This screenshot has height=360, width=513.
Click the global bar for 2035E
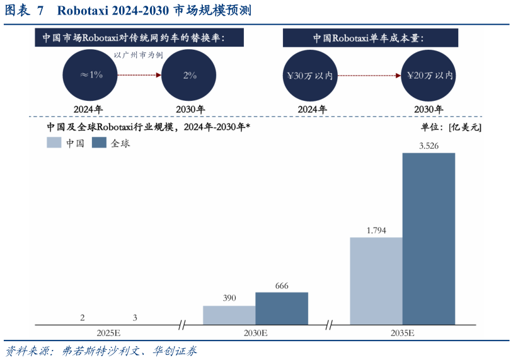coord(429,238)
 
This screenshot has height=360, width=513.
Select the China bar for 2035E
coord(376,281)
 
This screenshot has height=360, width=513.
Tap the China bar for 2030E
coord(229,315)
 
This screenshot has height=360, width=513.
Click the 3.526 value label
coord(429,146)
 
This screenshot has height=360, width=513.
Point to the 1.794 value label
coord(376,230)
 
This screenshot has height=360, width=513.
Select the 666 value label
coord(282,286)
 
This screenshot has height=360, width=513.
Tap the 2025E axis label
coord(108,332)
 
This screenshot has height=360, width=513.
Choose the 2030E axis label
coord(255,332)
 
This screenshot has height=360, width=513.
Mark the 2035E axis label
coord(402,332)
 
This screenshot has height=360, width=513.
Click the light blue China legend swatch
coord(54,143)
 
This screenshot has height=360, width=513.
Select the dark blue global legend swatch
coord(99,143)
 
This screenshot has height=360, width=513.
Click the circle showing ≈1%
coord(91,75)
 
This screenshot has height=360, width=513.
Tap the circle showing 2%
coord(190,75)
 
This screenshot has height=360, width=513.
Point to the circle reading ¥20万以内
coord(429,76)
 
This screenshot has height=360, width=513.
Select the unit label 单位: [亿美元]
coord(451,127)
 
